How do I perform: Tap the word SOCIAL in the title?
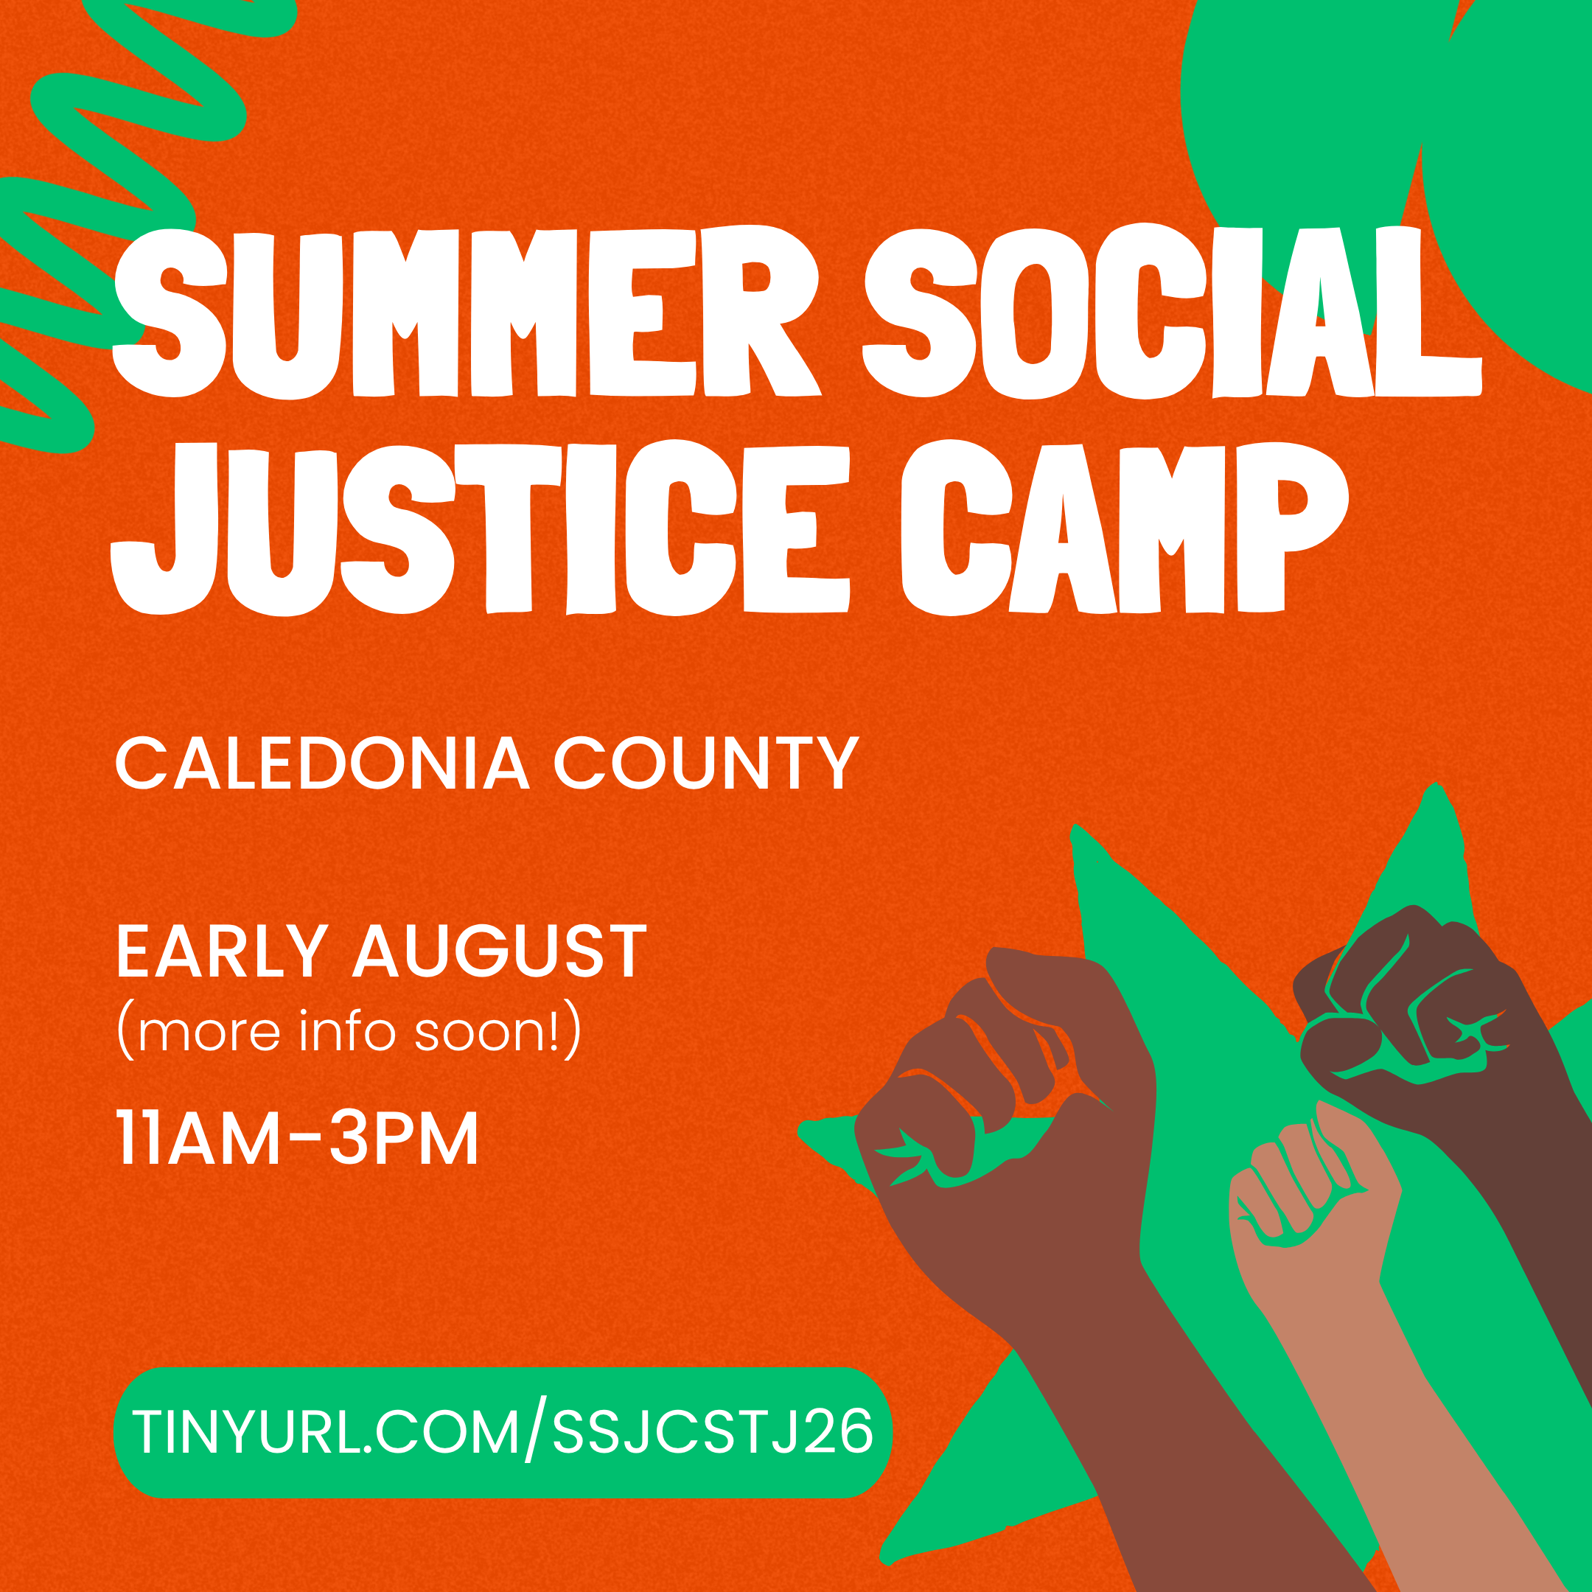1170,313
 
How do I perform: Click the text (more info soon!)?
349,1032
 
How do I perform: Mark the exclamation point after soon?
554,1032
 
